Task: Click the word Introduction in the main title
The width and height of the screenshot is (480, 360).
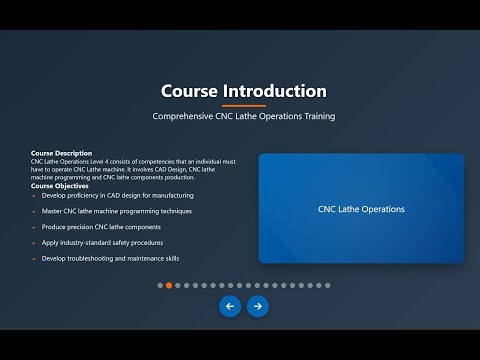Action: [x=276, y=91]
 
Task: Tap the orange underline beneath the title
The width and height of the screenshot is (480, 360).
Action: [x=243, y=105]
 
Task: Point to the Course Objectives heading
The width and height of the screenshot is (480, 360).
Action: [x=61, y=186]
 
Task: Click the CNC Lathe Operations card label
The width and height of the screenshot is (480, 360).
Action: [x=361, y=209]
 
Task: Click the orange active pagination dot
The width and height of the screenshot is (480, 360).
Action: [x=169, y=285]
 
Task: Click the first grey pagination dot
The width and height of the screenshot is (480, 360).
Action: [x=160, y=285]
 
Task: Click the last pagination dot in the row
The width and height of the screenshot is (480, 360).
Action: [x=326, y=285]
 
